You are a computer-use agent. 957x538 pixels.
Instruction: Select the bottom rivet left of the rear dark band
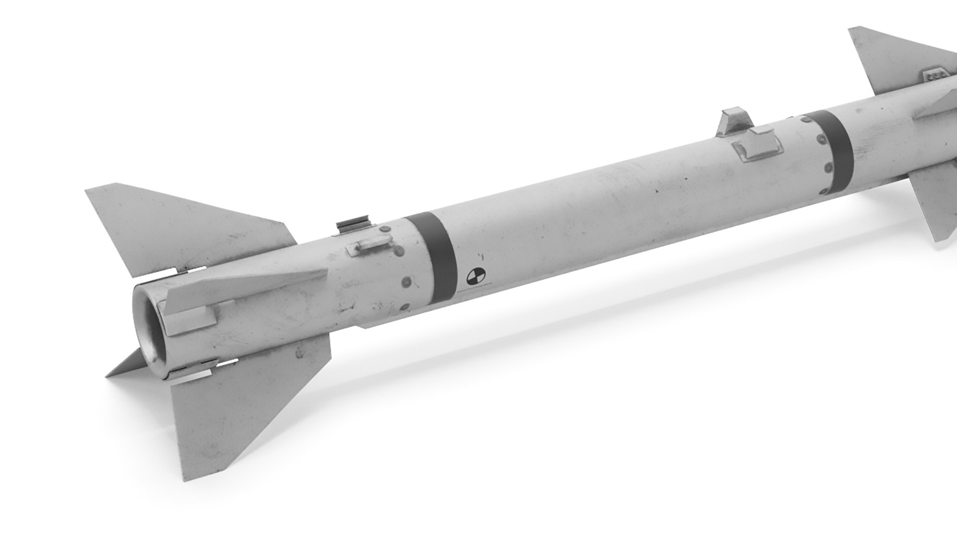pos(405,307)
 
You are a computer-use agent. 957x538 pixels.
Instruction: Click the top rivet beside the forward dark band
pos(804,119)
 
